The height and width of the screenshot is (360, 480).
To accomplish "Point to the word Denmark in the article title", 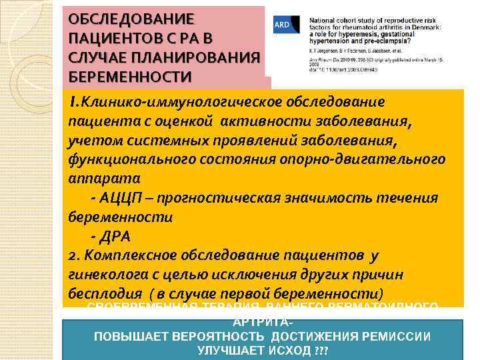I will point(419,27).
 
